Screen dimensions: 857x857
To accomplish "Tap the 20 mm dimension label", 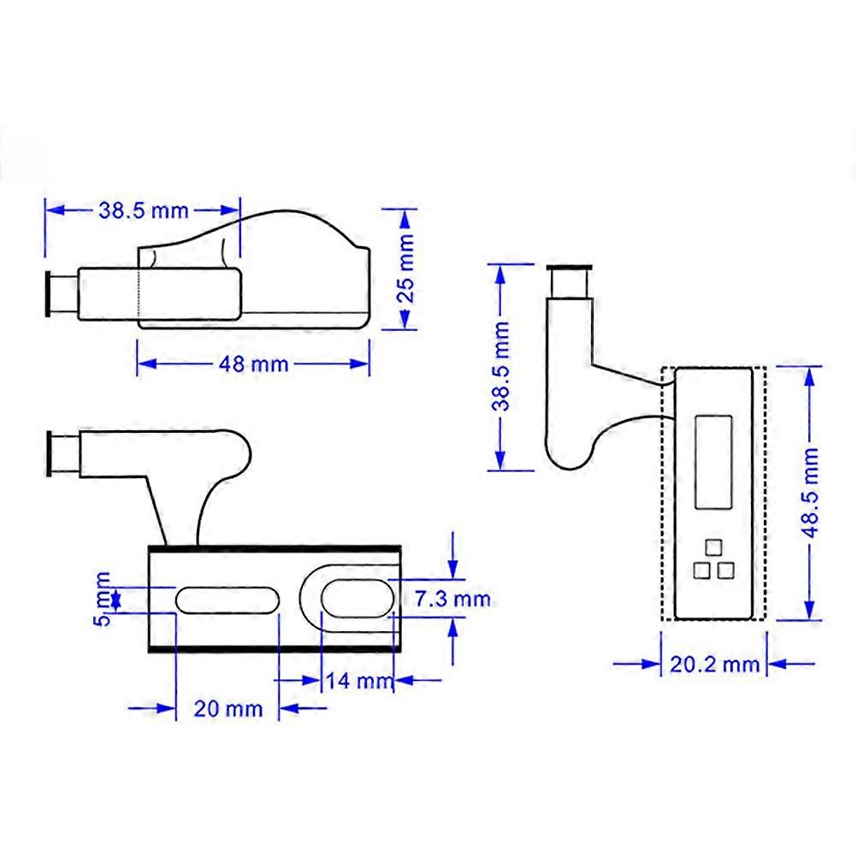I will [227, 708].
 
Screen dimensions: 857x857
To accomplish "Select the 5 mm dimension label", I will [101, 599].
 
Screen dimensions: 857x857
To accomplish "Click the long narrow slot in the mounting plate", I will [227, 598].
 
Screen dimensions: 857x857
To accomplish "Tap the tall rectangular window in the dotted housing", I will [713, 460].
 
